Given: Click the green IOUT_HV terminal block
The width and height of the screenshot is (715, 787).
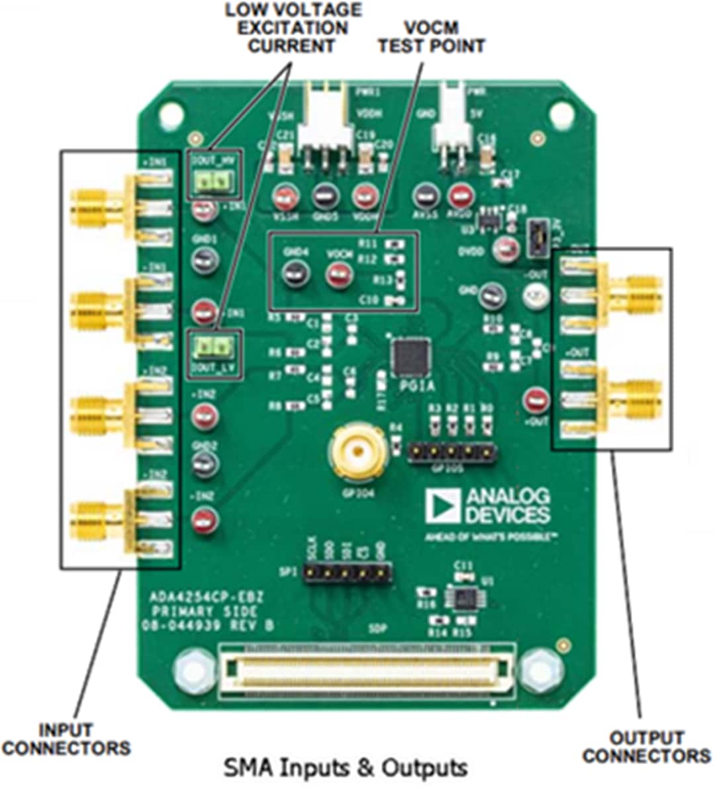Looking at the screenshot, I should pos(214,181).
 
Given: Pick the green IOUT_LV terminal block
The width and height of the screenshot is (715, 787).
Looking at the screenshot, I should pos(214,346).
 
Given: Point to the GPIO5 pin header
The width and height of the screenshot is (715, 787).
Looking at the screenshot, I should pos(451,452).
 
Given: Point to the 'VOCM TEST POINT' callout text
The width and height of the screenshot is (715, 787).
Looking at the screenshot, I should pos(431,38).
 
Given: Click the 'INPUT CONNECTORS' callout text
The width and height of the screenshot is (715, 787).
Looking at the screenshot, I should pos(66,739).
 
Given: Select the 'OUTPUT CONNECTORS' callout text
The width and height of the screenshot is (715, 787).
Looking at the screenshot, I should pos(647,747).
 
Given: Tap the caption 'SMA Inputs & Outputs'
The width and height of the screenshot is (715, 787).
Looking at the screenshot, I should pos(346,768).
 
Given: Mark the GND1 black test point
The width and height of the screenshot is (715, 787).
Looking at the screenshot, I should pos(205,260).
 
